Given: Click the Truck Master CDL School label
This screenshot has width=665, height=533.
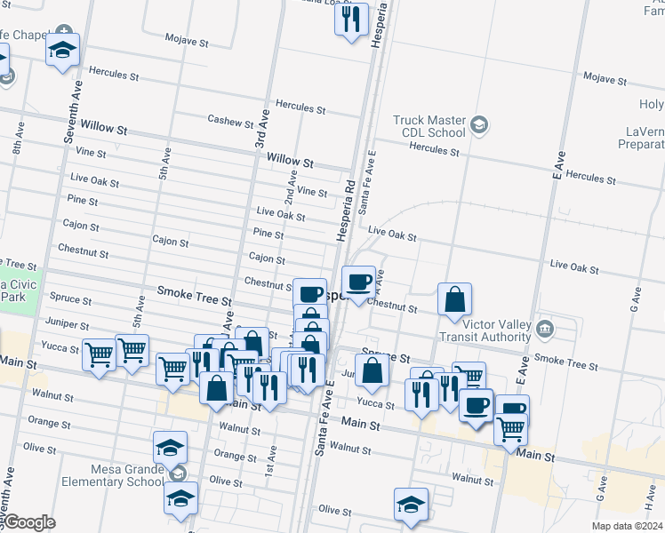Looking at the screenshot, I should point(429,126).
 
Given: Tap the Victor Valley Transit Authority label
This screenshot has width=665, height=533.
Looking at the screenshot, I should point(484,330).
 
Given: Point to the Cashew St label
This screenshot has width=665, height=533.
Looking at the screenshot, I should point(230,121).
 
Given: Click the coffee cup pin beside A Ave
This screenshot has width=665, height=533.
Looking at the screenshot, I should point(358,282).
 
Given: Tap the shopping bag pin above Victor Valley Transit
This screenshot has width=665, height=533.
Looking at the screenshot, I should point(454,300).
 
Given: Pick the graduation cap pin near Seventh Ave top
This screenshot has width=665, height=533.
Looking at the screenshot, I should point(63,50).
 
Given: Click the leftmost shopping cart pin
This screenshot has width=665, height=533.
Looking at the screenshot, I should point(100,354).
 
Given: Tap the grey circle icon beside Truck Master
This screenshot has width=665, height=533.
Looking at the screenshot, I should point(480,123).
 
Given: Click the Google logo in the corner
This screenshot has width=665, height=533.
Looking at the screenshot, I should point(28,522).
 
